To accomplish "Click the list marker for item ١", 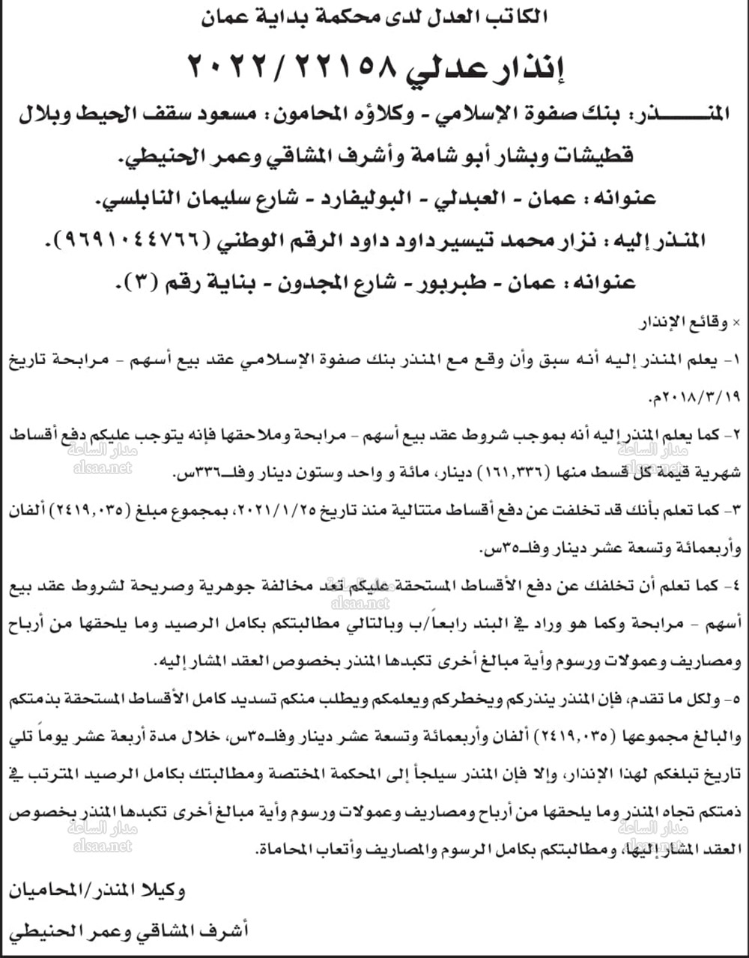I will [x=733, y=360].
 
